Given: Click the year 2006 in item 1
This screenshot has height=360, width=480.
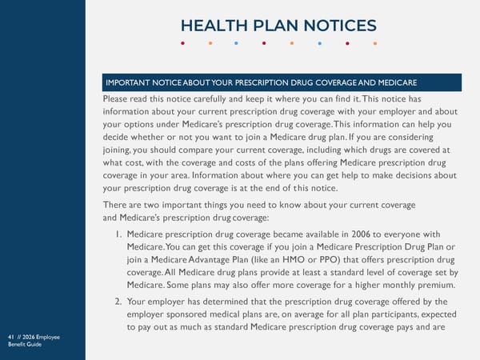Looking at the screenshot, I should pyautogui.click(x=356, y=232).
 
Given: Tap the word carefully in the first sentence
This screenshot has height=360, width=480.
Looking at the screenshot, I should pyautogui.click(x=211, y=98).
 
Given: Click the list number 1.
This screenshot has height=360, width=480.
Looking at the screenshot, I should pyautogui.click(x=118, y=232).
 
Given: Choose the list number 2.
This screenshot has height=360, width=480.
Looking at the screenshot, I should pyautogui.click(x=118, y=302).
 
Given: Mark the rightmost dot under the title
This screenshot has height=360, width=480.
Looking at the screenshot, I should pyautogui.click(x=375, y=43).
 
